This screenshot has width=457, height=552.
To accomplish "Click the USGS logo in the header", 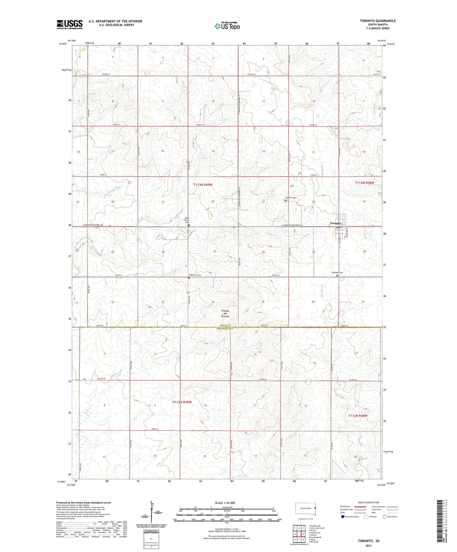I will [69, 24].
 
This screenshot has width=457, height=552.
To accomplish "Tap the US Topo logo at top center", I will [227, 26].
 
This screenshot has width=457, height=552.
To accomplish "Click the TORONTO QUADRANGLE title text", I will [378, 21].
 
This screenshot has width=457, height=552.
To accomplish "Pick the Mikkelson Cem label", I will [195, 275].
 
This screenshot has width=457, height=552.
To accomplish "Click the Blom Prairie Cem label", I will [187, 220].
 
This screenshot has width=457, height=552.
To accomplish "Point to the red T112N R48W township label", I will [358, 416].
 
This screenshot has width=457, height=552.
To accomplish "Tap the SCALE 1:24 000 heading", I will [225, 503].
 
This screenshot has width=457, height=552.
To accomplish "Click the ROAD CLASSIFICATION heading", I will [368, 502].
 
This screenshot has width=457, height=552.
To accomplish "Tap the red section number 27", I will [214, 251].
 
